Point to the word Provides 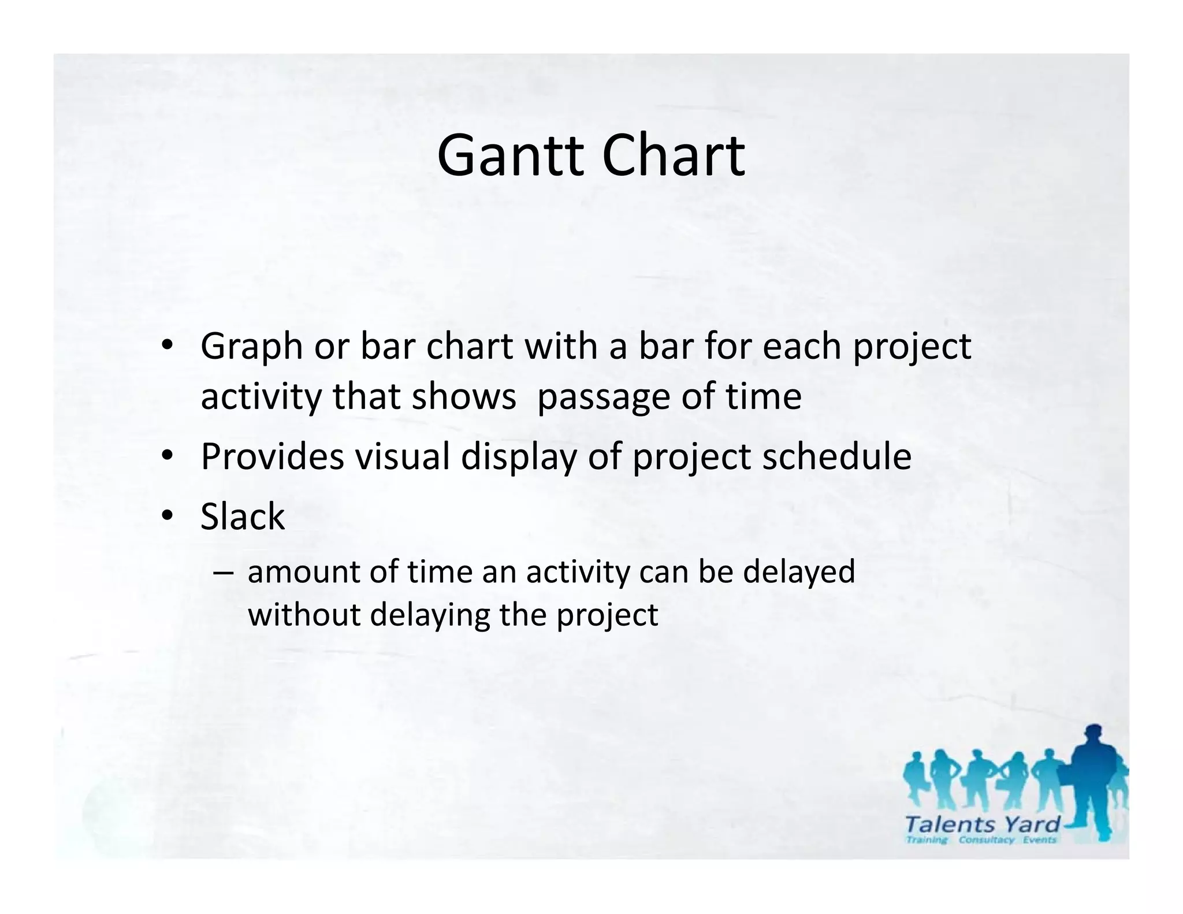click(272, 456)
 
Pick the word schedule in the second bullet click(837, 456)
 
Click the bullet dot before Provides click(168, 456)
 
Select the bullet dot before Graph click(168, 346)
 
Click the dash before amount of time click(223, 573)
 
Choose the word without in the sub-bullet click(304, 614)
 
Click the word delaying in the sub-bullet click(430, 614)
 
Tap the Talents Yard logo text click(982, 824)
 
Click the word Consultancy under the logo click(986, 839)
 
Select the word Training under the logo click(927, 839)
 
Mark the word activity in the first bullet click(261, 397)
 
